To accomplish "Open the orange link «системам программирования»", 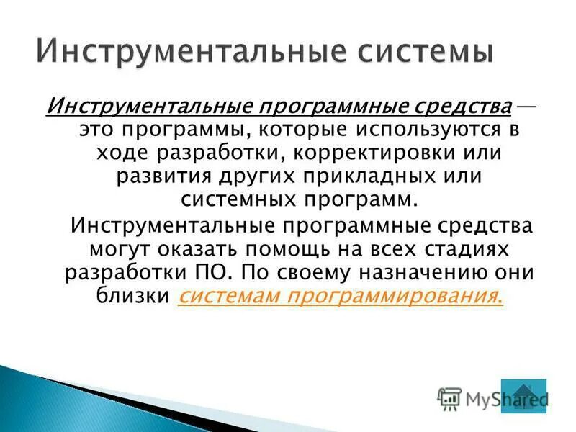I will pos(339,296).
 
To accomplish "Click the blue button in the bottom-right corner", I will pos(523,396).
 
